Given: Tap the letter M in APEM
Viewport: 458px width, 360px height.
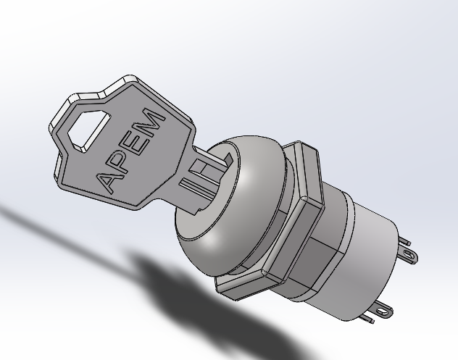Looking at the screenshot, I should pyautogui.click(x=155, y=119).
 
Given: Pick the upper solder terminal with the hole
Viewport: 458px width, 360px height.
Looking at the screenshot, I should pyautogui.click(x=410, y=254).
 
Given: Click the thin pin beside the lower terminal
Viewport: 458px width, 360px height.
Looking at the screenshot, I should pyautogui.click(x=371, y=315).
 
